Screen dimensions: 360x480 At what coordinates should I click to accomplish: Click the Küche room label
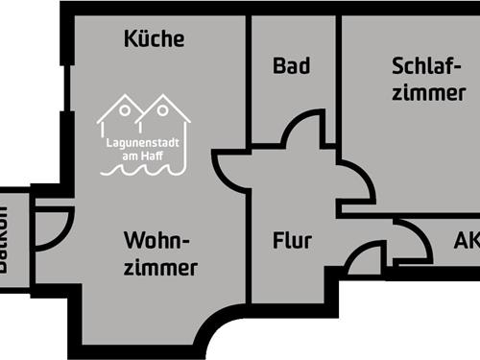coord(154,39)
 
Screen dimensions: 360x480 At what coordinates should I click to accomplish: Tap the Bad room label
coord(291,66)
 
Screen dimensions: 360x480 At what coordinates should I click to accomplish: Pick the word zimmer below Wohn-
coord(160,267)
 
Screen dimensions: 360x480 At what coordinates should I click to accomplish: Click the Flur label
coord(292,241)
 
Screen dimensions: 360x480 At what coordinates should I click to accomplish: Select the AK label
coord(467,241)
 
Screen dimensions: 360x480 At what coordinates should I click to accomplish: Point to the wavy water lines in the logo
coord(144,170)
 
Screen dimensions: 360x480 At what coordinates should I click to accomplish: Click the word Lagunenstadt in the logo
coord(144,144)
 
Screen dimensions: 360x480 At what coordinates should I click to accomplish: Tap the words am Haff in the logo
coord(144,155)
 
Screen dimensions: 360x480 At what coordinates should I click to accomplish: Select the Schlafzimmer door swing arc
coord(357,178)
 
